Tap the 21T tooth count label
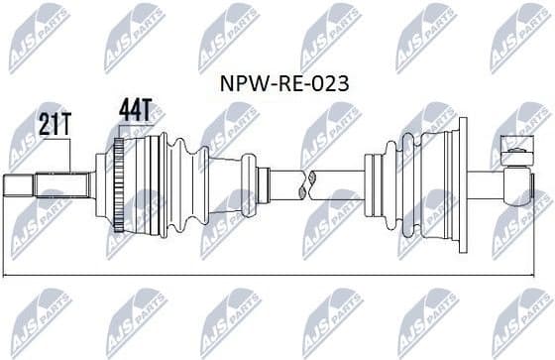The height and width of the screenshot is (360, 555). point(55,125)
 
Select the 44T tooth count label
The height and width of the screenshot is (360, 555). point(135,111)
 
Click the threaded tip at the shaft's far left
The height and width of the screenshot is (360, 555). point(19,185)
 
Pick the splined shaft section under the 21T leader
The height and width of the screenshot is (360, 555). point(61,185)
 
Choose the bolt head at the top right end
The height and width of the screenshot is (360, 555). point(517,152)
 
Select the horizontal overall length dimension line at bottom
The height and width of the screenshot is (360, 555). point(277,274)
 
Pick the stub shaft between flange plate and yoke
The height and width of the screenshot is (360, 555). point(486,185)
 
